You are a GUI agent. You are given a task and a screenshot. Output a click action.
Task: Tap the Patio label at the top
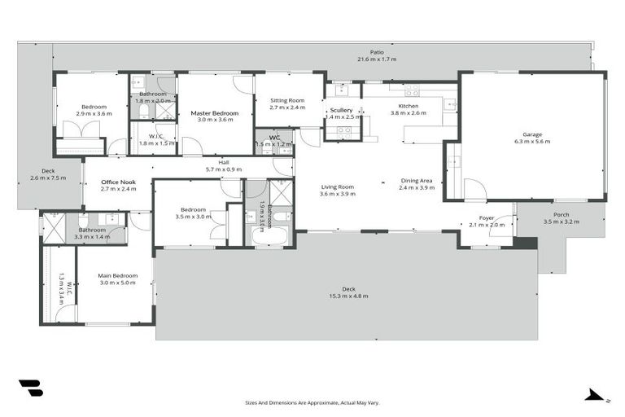[376, 52]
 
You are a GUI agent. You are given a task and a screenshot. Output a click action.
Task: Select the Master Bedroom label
[215, 113]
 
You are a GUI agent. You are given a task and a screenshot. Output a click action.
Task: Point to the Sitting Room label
[287, 100]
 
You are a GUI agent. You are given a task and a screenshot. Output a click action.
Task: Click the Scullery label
[341, 110]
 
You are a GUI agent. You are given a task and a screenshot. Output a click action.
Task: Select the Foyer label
[487, 218]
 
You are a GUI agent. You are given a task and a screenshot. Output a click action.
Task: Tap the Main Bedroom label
[118, 276]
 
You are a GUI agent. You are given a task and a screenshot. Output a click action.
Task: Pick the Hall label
[223, 162]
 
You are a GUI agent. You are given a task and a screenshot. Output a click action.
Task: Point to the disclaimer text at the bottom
[312, 402]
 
